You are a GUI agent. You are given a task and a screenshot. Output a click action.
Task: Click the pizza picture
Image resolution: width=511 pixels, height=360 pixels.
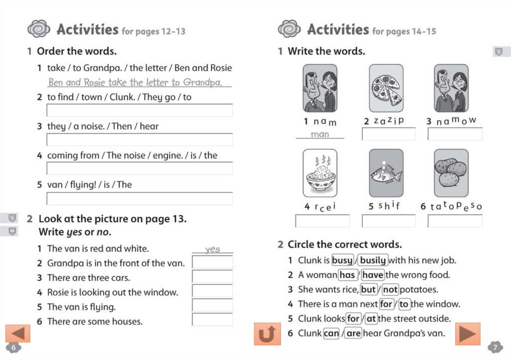coord(386,88)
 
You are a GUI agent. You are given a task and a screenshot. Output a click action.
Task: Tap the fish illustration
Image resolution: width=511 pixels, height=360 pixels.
coord(386,173)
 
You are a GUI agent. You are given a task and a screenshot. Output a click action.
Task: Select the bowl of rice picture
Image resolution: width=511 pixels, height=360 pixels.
coord(320,173)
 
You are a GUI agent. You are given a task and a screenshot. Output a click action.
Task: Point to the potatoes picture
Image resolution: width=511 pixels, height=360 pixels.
coord(451,173)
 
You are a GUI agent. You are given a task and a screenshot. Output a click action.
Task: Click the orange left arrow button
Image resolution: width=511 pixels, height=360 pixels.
coord(18,333)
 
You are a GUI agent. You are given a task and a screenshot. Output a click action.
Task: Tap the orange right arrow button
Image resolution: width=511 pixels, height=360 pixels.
coord(468,334)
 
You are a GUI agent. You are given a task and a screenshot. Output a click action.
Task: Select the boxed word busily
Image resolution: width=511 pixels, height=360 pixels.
coord(373,260)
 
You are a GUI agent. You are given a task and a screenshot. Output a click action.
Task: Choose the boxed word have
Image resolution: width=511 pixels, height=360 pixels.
coord(373,275)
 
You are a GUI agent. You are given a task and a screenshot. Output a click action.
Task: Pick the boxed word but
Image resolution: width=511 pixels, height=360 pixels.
coord(368,289)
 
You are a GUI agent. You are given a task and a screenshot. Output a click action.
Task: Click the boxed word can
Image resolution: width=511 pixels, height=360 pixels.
coord(331,333)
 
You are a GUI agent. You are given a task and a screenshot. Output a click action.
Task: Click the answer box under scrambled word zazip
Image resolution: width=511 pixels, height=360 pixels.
coord(388,134)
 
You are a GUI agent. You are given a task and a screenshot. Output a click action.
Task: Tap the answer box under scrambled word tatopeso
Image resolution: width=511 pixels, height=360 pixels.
coord(455,220)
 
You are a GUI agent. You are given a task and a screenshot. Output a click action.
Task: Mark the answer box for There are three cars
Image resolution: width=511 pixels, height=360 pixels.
coord(212,277)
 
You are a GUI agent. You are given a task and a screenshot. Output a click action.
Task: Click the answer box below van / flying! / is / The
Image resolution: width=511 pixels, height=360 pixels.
coord(139,198)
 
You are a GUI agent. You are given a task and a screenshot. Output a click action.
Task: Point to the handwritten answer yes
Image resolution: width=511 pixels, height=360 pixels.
coord(212,249)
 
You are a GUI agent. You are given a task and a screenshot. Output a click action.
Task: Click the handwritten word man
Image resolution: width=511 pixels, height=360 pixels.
coord(320,135)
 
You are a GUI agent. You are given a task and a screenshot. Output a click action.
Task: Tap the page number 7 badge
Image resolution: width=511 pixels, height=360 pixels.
coord(495,347)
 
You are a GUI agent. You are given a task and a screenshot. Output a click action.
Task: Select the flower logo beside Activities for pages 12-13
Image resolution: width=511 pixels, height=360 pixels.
coord(39,29)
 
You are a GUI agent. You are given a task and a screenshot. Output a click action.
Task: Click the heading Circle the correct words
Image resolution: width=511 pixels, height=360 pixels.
coord(344,245)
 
